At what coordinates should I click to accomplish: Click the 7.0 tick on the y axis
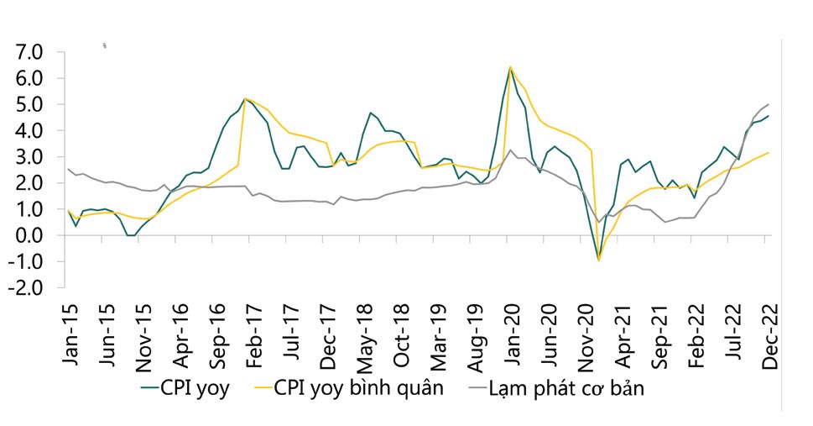coord(29,52)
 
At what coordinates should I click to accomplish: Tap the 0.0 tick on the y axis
coord(29,235)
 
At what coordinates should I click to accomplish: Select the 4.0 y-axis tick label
coord(29,131)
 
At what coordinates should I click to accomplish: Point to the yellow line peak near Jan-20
coord(510,66)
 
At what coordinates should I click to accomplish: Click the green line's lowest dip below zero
coord(598,259)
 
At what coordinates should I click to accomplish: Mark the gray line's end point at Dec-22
coord(769,105)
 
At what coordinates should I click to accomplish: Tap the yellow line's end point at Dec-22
coord(769,152)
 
